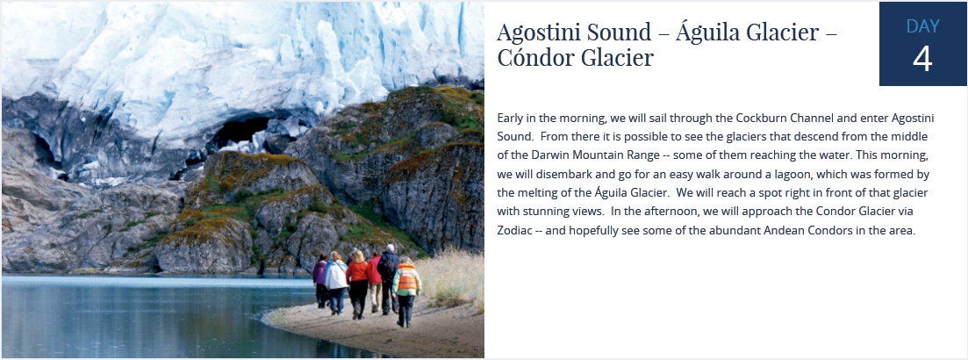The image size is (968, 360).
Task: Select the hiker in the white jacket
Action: pos(336,283)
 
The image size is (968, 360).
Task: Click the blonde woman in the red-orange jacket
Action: pos(357,284)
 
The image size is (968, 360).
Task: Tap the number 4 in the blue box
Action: pos(922,60)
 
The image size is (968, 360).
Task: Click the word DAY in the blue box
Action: pos(923,26)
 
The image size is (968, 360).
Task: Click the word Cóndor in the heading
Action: pos(534,58)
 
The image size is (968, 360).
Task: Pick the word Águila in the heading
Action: pos(713,32)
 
